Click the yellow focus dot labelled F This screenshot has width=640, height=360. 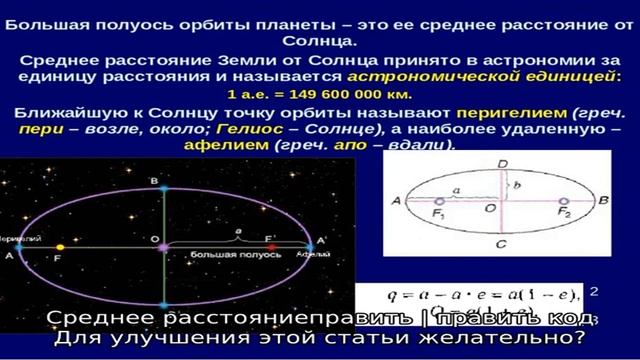[59, 244]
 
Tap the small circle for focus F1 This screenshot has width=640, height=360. [441, 201]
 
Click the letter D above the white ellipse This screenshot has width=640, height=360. [502, 162]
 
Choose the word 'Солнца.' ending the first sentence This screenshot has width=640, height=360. [319, 43]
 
